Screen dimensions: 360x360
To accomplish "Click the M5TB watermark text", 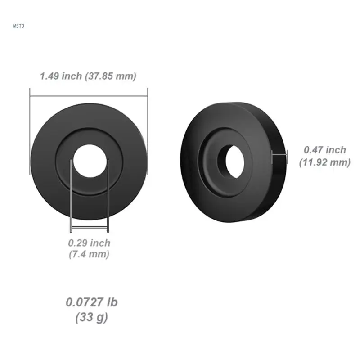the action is (18, 26).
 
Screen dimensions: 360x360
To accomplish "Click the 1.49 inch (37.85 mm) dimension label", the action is (88, 76).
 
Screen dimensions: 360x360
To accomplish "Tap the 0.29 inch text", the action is (89, 243).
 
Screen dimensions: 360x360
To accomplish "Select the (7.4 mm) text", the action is (89, 254).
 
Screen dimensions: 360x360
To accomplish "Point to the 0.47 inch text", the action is (325, 150).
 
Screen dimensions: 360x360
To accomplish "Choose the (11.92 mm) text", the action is (325, 162).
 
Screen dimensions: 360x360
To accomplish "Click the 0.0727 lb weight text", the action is (92, 302).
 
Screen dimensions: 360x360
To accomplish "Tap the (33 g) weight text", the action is (92, 317).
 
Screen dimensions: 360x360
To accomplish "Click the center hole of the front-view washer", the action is (90, 161).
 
